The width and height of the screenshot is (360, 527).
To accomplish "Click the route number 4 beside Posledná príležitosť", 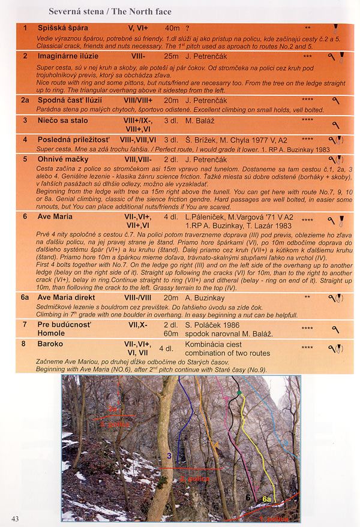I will click(25, 140).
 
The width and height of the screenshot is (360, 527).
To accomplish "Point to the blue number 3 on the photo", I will click(169, 456).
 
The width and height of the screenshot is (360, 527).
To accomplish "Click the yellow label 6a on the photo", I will click(266, 499).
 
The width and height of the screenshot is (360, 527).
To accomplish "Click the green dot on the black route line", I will click(239, 393).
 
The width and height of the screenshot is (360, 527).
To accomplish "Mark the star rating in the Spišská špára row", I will click(307, 28).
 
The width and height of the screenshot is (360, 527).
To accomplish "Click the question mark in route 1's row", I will click(188, 28).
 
